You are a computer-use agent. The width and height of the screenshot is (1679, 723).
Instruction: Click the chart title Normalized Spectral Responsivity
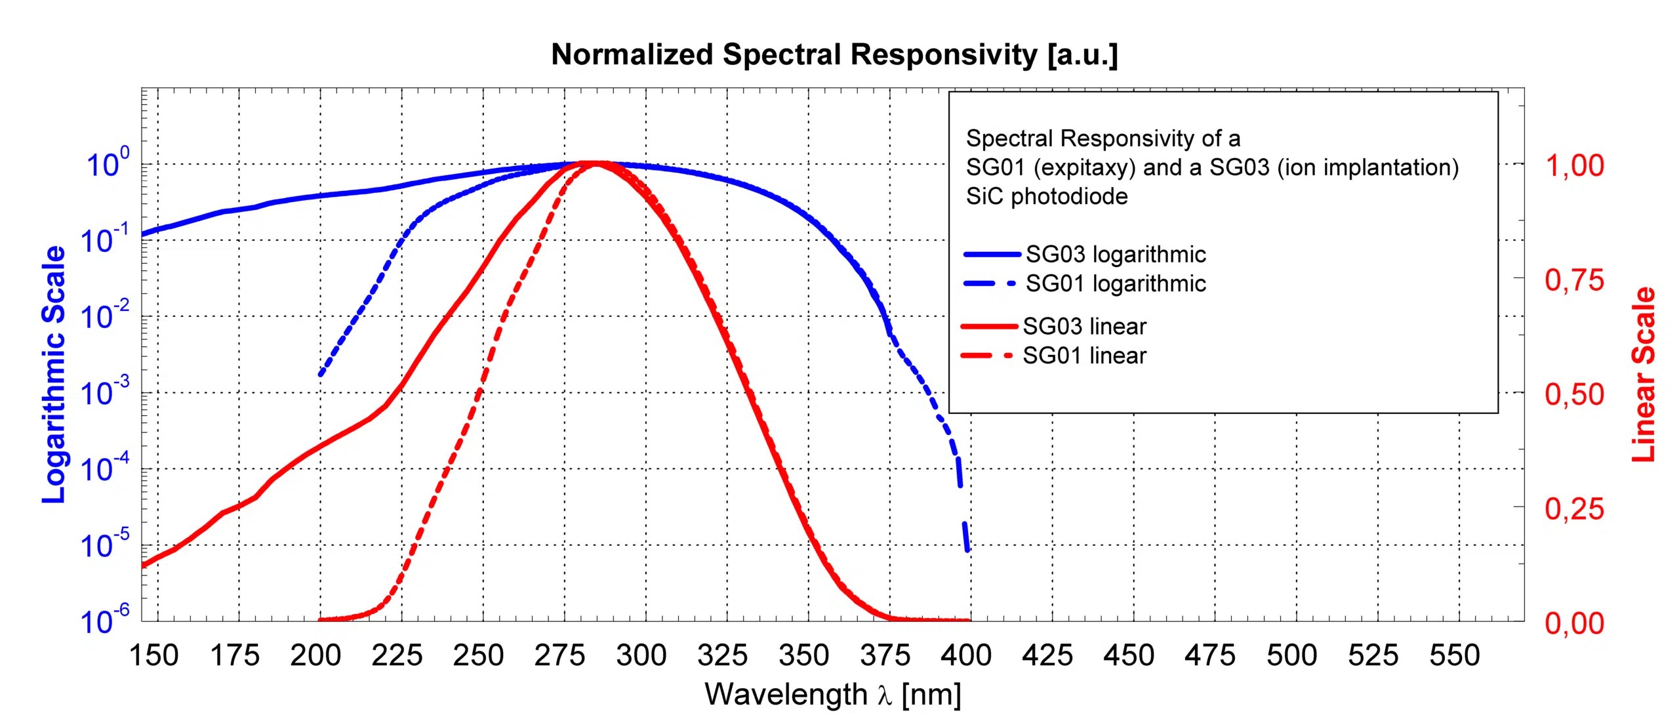coord(834,55)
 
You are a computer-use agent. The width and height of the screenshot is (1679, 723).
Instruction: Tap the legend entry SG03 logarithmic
coord(1115,255)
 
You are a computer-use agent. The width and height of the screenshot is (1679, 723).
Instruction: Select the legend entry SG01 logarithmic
coord(1115,284)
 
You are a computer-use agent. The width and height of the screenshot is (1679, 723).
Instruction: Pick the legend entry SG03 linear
coord(1084,327)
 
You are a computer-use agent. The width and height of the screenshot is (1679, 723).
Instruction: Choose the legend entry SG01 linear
coord(1084,356)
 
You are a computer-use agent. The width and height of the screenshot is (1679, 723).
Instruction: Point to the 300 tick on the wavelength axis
coord(641,655)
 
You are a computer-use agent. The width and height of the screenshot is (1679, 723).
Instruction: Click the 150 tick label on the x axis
coord(154,655)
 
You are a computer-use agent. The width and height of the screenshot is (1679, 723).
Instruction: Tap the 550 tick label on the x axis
coord(1455,655)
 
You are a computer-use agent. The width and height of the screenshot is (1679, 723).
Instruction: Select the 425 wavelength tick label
coord(1047,655)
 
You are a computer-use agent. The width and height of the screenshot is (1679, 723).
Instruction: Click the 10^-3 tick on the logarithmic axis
coord(105,393)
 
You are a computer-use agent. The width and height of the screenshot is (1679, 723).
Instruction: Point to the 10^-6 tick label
coord(105,621)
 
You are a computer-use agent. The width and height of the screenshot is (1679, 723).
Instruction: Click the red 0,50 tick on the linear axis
coord(1574,395)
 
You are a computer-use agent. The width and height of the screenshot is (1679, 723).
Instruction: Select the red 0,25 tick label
coord(1574,510)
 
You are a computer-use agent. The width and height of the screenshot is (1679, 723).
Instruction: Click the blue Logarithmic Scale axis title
coord(54,375)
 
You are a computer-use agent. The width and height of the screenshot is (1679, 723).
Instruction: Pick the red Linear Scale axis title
coord(1644,375)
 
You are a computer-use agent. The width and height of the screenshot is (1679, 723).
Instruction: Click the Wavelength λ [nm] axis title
coord(833,695)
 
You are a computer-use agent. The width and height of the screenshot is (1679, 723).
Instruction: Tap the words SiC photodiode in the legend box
coord(1046,197)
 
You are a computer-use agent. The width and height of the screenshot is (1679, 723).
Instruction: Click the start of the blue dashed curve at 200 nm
coord(321,373)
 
